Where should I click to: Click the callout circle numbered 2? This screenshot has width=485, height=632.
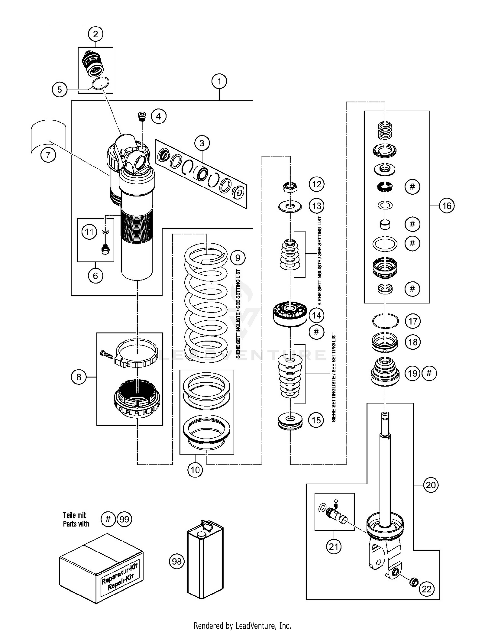click(x=95, y=34)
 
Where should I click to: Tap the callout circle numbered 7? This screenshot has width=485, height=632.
click(x=48, y=155)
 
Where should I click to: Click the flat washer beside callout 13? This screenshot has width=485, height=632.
click(x=290, y=206)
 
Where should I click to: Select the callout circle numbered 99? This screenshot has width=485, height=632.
click(x=124, y=519)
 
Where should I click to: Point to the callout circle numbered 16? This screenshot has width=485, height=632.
click(x=447, y=206)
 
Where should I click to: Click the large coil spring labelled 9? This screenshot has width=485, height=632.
click(x=206, y=301)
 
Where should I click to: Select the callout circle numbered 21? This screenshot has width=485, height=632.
click(x=333, y=546)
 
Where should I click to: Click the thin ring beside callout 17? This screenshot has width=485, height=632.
click(x=385, y=321)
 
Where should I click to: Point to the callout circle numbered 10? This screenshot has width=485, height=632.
click(x=195, y=469)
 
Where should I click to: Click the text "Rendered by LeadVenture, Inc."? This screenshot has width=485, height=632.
click(x=242, y=626)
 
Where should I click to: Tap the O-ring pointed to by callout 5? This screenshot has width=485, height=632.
click(x=100, y=84)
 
